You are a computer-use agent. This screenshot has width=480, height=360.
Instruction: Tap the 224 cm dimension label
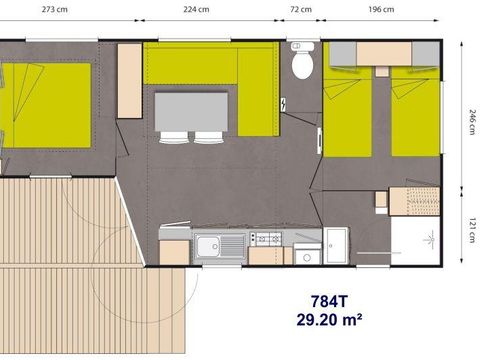[197, 9]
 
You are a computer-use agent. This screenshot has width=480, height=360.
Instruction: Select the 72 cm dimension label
[300, 9]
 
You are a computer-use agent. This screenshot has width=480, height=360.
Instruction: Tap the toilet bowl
[299, 63]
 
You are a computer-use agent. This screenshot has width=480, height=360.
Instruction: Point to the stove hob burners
[266, 240]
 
